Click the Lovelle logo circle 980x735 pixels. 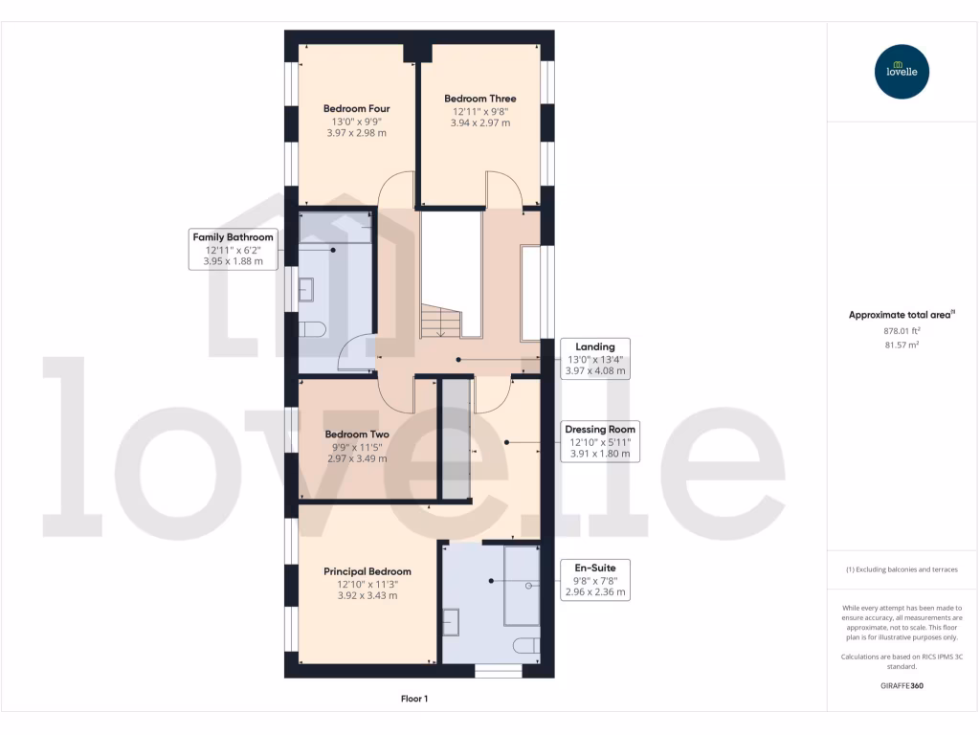902,72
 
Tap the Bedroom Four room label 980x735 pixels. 356,109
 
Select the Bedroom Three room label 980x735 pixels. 479,99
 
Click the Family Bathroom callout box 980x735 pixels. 233,248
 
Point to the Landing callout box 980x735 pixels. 595,358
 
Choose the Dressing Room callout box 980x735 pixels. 600,441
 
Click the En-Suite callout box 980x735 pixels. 595,580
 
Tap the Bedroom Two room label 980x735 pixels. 357,434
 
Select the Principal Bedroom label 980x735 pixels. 367,571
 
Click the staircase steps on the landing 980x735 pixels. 441,322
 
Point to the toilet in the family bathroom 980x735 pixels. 312,329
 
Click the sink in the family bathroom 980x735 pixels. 306,288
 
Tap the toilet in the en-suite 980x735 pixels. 527,646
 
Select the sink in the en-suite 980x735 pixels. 451,622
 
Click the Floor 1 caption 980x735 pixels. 414,700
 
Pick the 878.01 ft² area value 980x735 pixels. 902,330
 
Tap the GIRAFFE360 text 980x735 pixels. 902,686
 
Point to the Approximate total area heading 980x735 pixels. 902,314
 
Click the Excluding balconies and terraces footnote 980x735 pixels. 902,569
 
